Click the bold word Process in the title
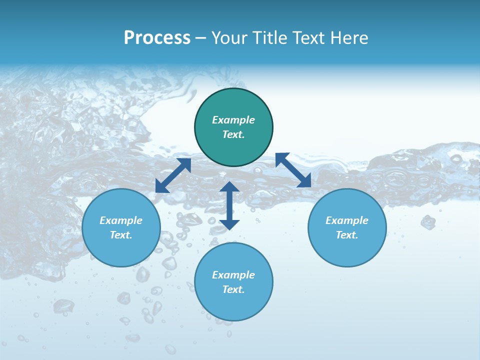tap(157, 38)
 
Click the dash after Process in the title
tap(200, 38)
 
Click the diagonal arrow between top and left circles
tap(173, 175)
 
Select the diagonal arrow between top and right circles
tap(293, 170)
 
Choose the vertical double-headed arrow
tap(229, 205)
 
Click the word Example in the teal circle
tap(233, 120)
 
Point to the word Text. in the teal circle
tap(233, 134)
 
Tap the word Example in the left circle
tap(121, 220)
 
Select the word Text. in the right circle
tap(347, 235)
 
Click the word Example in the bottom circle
tap(233, 275)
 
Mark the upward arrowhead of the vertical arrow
tap(229, 187)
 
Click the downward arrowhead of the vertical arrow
tap(229, 224)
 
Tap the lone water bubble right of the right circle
tap(428, 221)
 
